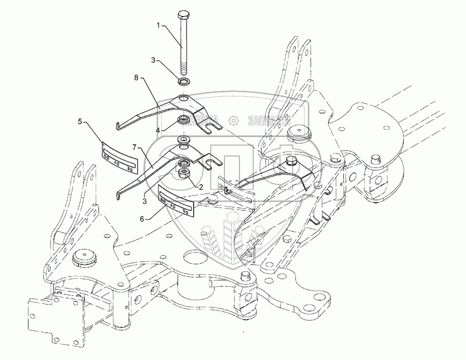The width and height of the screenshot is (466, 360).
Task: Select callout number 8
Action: click(x=136, y=79)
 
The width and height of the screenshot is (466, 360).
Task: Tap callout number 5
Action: click(x=80, y=122)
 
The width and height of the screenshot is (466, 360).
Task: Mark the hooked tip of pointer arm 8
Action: click(x=118, y=126)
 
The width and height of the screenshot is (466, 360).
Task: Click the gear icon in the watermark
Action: click(x=234, y=120)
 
